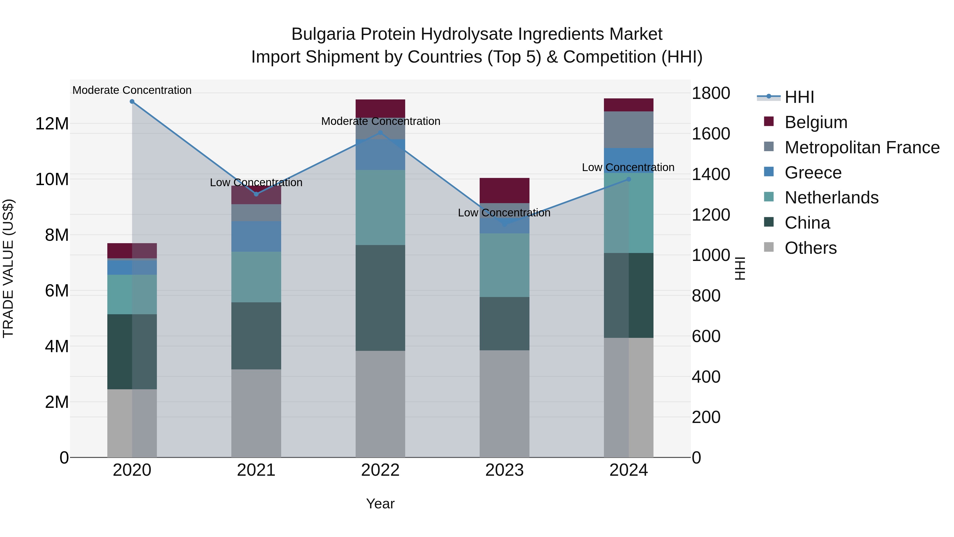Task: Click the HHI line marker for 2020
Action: (x=132, y=102)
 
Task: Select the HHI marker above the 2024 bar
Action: (x=629, y=179)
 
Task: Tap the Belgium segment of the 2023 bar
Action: (x=504, y=190)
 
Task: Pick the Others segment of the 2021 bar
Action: (x=256, y=413)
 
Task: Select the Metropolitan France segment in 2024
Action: (x=629, y=130)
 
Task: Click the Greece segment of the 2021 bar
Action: (x=256, y=237)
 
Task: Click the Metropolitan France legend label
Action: (x=862, y=147)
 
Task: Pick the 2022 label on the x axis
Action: (x=380, y=470)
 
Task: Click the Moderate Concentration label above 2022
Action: (x=380, y=121)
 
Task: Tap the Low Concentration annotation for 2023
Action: (x=504, y=213)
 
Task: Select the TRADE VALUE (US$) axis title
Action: (x=8, y=268)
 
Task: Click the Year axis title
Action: (x=380, y=504)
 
